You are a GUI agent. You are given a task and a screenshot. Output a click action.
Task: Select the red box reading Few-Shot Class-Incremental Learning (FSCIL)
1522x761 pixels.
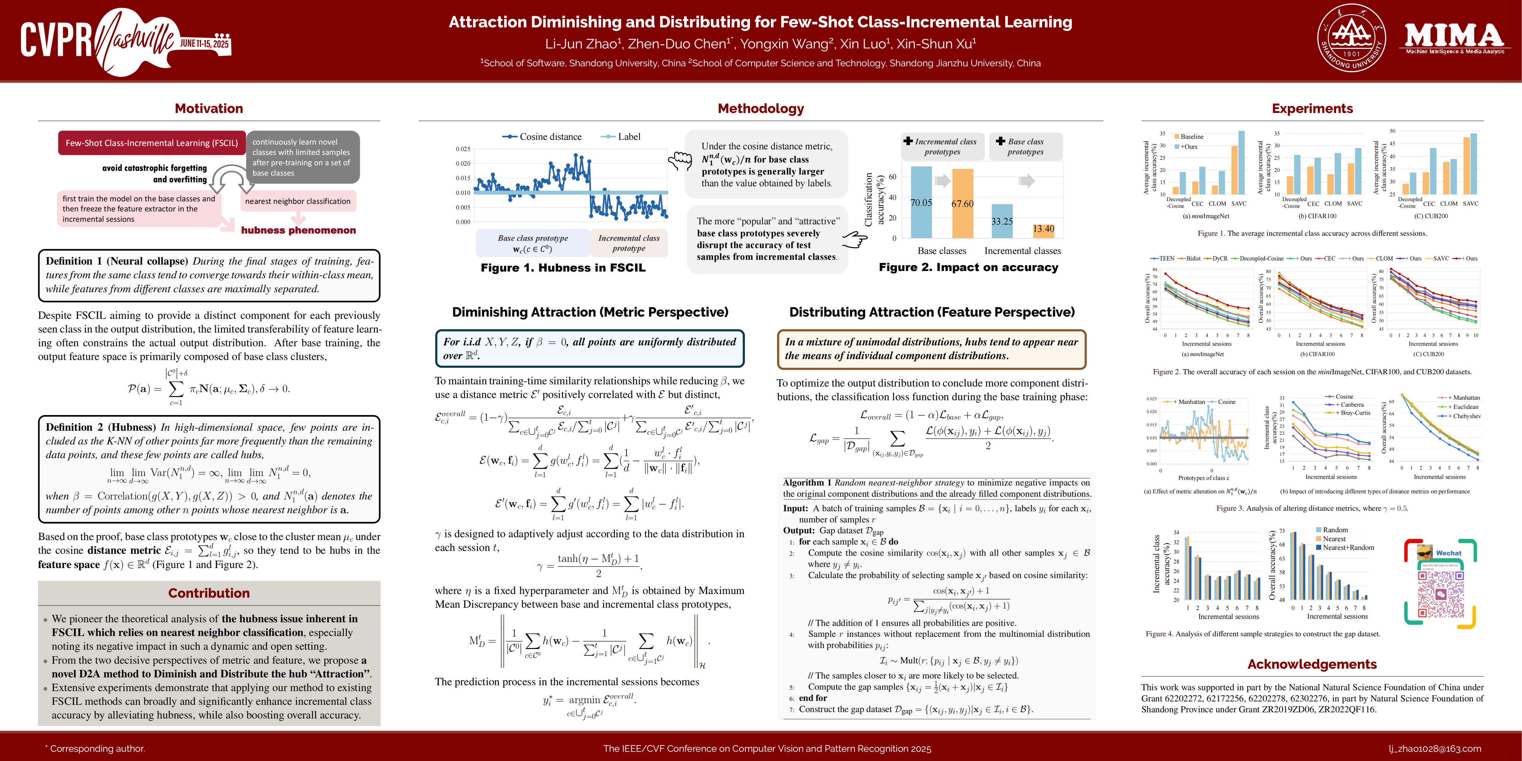152,143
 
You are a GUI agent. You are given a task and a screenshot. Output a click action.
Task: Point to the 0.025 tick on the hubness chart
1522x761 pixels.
463,149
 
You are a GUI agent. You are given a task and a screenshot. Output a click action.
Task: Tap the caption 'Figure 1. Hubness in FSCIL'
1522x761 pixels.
563,268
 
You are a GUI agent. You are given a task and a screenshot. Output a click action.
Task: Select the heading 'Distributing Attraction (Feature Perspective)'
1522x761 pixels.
932,312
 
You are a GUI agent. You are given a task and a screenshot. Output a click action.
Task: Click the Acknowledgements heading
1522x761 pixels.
1312,664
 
